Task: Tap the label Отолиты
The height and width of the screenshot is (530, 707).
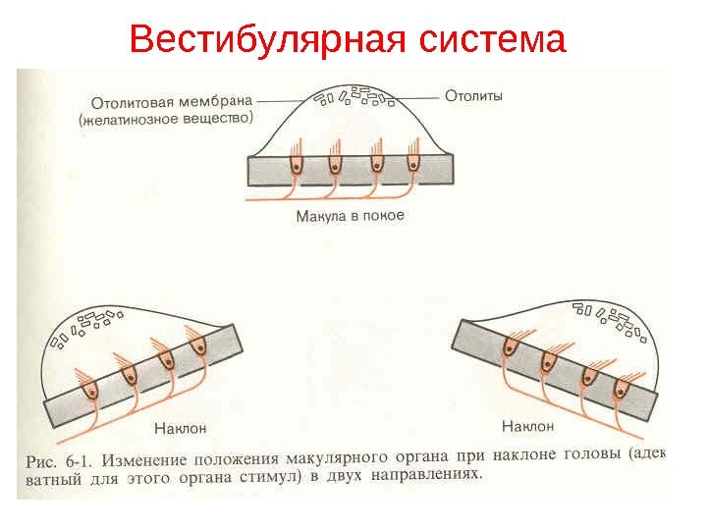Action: pyautogui.click(x=473, y=96)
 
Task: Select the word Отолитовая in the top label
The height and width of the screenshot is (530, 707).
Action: pyautogui.click(x=133, y=100)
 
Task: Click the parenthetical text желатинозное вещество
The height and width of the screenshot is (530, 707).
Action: pyautogui.click(x=165, y=119)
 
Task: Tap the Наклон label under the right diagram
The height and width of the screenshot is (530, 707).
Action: pyautogui.click(x=527, y=426)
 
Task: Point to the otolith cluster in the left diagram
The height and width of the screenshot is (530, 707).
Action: pyautogui.click(x=92, y=323)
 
